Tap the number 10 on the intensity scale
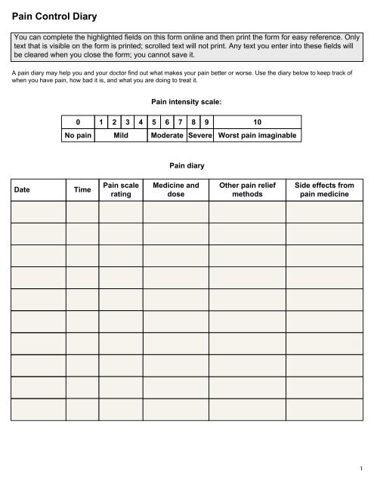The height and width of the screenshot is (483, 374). click(258, 122)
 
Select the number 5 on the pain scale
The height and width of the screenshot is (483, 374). click(154, 122)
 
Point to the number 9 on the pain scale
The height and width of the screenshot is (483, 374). click(207, 122)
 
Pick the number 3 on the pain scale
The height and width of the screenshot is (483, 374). click(128, 122)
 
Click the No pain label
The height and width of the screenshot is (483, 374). click(78, 135)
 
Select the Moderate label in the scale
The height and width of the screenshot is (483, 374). click(167, 135)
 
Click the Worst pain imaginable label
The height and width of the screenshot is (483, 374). click(258, 135)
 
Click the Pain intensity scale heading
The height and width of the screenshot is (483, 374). click(187, 99)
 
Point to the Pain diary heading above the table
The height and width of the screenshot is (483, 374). click(187, 163)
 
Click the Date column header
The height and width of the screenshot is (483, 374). click(26, 190)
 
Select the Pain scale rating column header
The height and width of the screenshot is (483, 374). click(120, 189)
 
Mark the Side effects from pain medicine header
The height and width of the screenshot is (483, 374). click(324, 189)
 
